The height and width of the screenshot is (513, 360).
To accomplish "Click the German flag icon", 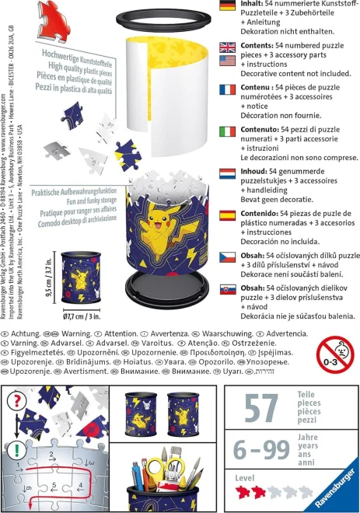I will click(228, 6).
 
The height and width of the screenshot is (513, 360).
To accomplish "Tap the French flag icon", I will click(228, 90).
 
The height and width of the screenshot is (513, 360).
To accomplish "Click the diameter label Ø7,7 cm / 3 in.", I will click(83, 316).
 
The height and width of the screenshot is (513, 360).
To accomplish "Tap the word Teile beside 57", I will click(308, 396).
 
